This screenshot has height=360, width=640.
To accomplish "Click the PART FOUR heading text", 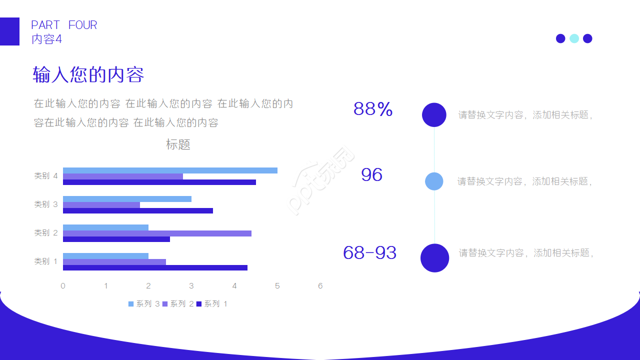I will [x=64, y=25].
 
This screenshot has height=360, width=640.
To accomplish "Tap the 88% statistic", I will [x=373, y=109].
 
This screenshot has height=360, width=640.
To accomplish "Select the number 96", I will [x=371, y=174].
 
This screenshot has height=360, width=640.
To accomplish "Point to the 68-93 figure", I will [x=369, y=253].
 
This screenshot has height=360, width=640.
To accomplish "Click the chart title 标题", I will [x=178, y=145].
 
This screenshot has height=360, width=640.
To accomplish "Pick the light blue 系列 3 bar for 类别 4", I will [x=170, y=170].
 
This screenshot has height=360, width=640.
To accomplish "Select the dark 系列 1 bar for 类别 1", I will [x=155, y=267].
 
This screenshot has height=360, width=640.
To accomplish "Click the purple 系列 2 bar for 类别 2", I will [x=157, y=233].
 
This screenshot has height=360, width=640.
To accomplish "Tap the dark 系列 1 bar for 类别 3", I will [x=138, y=210].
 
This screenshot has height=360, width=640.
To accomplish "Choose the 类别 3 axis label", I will [x=46, y=204].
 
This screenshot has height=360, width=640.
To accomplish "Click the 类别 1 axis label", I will [x=46, y=261].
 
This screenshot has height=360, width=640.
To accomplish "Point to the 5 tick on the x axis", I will [x=277, y=286].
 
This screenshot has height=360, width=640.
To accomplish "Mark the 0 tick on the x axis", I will [x=63, y=286].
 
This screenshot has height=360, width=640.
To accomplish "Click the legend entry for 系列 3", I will [x=144, y=304].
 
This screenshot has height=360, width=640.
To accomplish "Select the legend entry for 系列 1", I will [x=212, y=304].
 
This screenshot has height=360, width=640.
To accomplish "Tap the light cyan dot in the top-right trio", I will [x=574, y=38].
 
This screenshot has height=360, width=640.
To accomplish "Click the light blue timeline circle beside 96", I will [x=434, y=181].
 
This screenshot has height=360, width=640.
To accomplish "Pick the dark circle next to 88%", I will [x=434, y=115].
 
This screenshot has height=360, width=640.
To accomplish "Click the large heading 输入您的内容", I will [x=88, y=75].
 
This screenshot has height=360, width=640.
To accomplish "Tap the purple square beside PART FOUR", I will [x=9, y=31].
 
